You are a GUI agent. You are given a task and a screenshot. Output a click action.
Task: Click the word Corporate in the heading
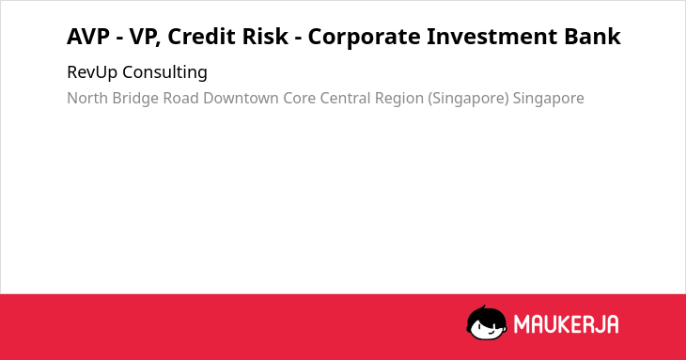[364, 37]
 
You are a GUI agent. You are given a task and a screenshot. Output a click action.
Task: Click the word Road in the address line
[181, 98]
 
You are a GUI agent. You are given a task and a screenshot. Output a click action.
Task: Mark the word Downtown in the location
[242, 98]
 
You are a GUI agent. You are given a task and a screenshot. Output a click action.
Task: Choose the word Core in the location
[299, 98]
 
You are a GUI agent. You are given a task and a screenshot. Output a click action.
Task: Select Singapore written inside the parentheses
[469, 99]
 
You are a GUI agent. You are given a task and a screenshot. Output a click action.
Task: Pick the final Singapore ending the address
[549, 99]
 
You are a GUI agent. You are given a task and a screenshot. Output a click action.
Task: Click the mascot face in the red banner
[487, 322]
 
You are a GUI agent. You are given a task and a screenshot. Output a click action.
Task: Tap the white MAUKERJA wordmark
[566, 324]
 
